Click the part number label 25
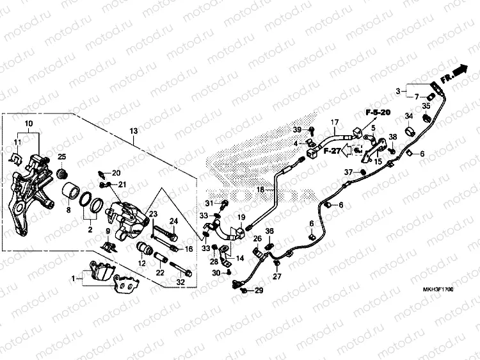62,157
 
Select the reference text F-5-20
378,113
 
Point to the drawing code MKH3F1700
438,290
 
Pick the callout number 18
260,190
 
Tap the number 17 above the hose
333,122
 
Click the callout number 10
28,123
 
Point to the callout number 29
259,291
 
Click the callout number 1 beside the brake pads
72,278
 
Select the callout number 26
257,239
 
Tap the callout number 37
348,172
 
